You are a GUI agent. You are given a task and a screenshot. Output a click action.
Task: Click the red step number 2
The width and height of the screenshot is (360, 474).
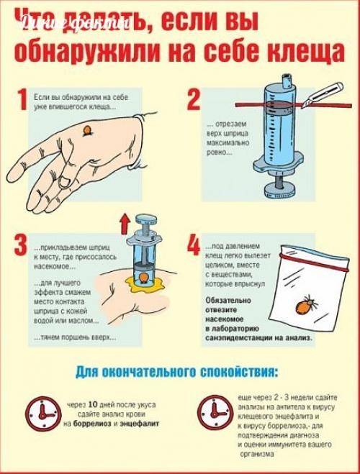tap(192, 99)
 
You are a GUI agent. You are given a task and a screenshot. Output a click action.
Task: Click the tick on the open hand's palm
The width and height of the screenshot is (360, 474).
tap(87, 130)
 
